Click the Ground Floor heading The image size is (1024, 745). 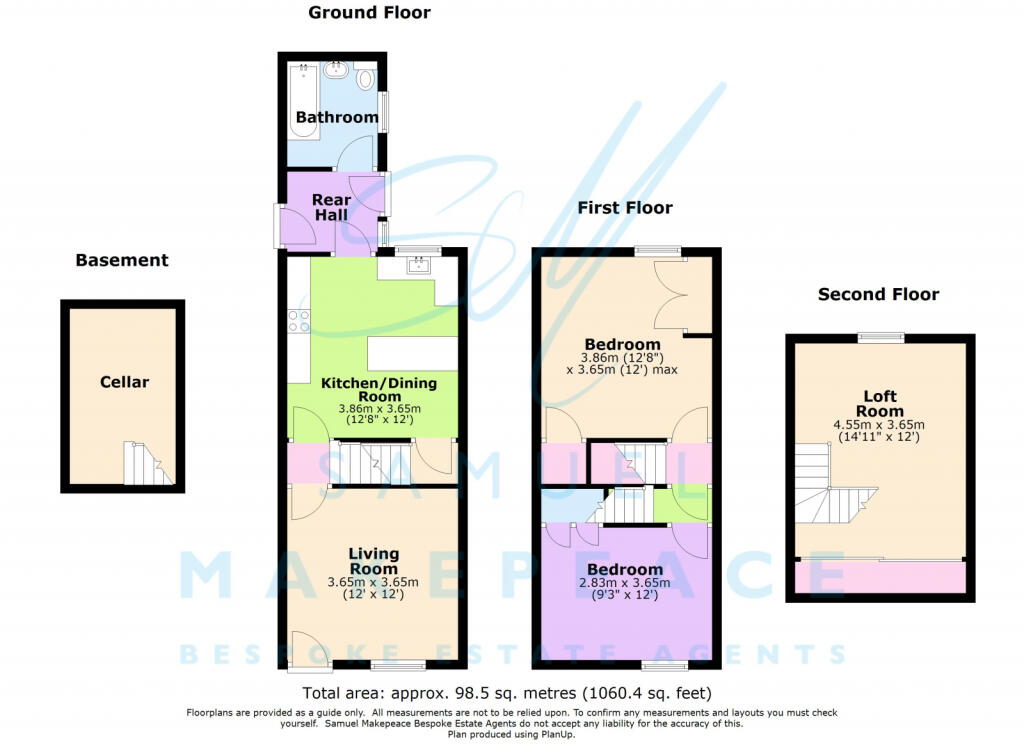tap(369, 12)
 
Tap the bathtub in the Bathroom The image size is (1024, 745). tap(304, 100)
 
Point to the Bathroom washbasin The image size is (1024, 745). tap(337, 69)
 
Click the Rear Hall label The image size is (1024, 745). tap(331, 207)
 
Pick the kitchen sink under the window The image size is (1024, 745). tap(417, 264)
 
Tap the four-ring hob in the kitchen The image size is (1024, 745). tap(299, 321)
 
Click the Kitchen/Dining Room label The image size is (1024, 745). tap(379, 389)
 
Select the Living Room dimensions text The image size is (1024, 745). tap(373, 588)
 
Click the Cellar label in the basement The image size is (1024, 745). tap(124, 382)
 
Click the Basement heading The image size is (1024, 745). tap(122, 260)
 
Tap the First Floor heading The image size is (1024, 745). tap(625, 208)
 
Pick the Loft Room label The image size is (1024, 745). tap(880, 404)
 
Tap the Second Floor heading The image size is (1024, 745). tap(878, 294)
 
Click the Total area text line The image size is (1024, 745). tap(507, 693)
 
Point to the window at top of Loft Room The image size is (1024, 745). tap(881, 338)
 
